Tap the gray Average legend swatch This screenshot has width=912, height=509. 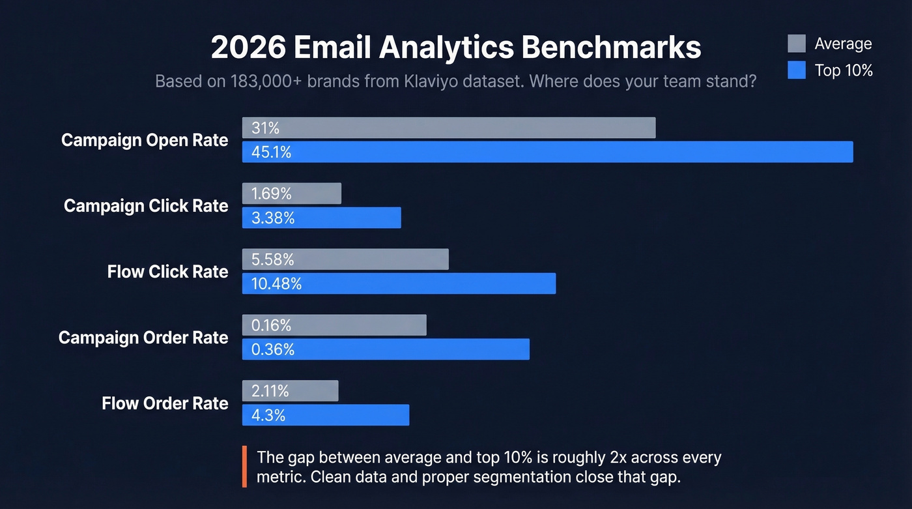click(796, 44)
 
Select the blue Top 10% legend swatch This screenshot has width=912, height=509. click(796, 70)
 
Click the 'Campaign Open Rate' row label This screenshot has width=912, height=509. click(145, 140)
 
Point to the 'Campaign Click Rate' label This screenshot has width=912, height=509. click(146, 206)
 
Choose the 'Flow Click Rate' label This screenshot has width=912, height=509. click(167, 272)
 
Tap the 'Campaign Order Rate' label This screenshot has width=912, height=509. click(143, 338)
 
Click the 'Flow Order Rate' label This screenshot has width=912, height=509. click(165, 403)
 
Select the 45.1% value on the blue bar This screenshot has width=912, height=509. click(271, 152)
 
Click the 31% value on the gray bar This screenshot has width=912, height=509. click(265, 128)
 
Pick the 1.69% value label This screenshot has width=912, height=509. click(271, 194)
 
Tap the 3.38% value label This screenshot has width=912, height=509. click(273, 218)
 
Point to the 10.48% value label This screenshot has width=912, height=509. click(276, 284)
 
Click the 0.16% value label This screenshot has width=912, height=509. click(271, 325)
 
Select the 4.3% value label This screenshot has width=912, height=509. click(268, 415)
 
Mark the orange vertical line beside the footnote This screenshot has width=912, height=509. click(244, 467)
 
